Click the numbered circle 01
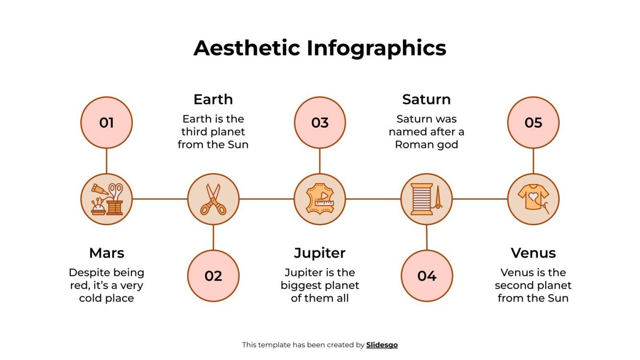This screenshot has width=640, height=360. [x=106, y=123]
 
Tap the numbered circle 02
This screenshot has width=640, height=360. [x=213, y=276]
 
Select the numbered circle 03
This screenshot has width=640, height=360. [x=320, y=123]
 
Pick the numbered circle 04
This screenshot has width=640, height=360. [x=426, y=276]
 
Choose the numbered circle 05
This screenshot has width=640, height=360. [x=533, y=123]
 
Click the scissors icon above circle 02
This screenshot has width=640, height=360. [x=213, y=199]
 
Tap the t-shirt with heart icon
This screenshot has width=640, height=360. [x=533, y=199]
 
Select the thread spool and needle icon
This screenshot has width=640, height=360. [x=426, y=199]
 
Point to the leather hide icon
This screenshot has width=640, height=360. [x=320, y=199]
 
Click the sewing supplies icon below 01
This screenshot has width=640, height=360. [x=106, y=199]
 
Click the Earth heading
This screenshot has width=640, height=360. [x=213, y=99]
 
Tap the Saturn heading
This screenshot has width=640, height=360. [x=426, y=99]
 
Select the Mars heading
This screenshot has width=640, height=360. [x=106, y=253]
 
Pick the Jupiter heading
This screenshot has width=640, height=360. [x=320, y=253]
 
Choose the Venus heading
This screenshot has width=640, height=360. [x=533, y=253]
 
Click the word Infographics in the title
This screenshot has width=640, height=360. [x=376, y=48]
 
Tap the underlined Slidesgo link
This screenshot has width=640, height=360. [x=382, y=345]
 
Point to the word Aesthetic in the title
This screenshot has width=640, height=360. [x=247, y=48]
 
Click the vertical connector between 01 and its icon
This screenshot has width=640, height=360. [x=106, y=161]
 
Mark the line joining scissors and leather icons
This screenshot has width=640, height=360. [x=266, y=199]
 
